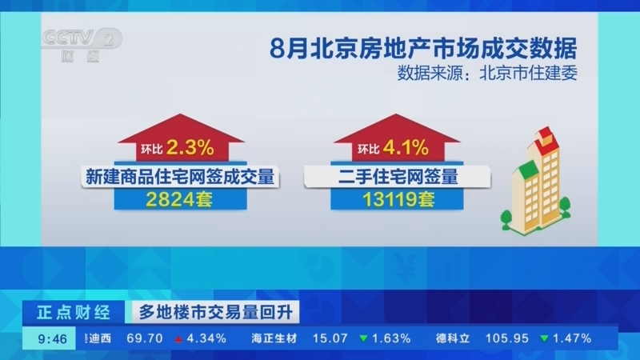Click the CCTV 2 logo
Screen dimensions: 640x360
point(82,45)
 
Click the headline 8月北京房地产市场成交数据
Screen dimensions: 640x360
point(423,49)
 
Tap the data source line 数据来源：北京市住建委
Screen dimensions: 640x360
point(487,74)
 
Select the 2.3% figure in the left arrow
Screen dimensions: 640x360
point(190,147)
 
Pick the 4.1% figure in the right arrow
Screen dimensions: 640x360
point(406,147)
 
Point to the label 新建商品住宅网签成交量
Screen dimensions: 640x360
point(180,177)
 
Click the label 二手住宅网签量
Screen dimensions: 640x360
point(398,177)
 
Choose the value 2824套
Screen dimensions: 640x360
point(179,199)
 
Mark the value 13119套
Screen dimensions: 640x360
point(398,199)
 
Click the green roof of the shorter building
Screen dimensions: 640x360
point(527,168)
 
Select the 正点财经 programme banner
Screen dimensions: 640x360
point(74,313)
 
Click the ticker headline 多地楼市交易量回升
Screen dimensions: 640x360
point(215,313)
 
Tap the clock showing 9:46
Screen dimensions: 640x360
point(52,338)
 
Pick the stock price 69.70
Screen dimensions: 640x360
point(145,338)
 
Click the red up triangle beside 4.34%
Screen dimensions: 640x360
point(178,338)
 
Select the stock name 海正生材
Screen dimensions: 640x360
point(274,338)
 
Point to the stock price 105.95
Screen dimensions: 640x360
point(507,338)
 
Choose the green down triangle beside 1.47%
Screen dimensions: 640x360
point(544,338)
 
